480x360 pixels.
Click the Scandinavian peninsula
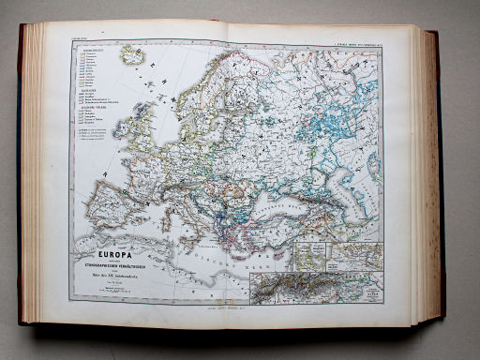pyautogui.click(x=211, y=94)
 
